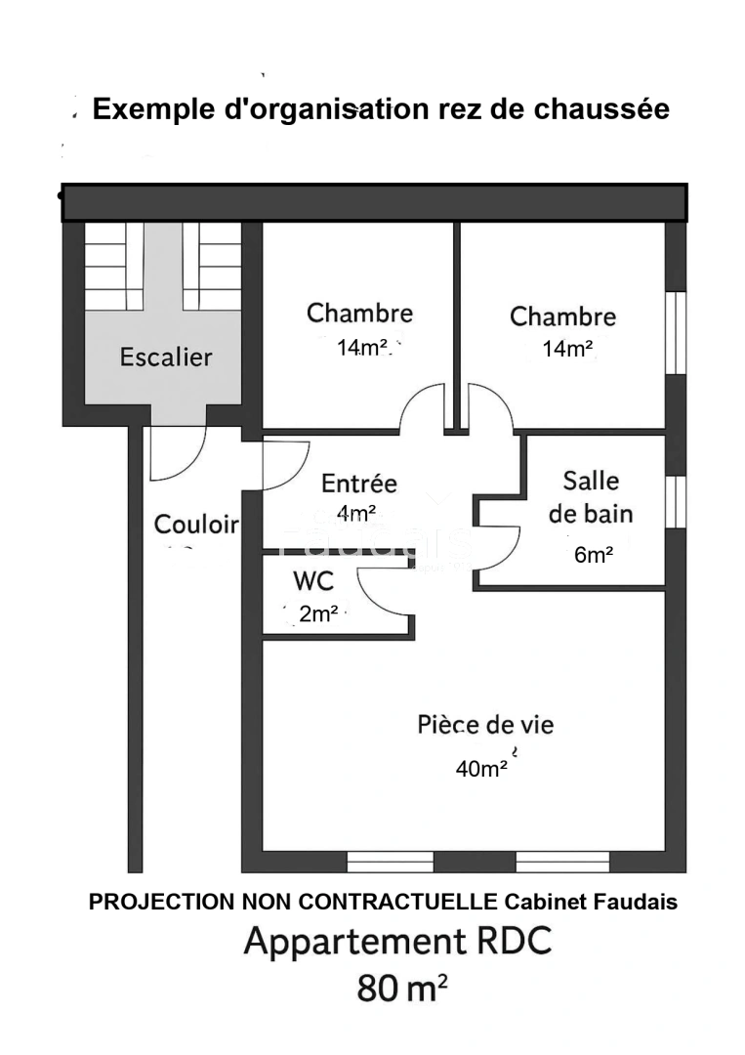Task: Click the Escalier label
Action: pyautogui.click(x=165, y=358)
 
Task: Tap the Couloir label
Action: pyautogui.click(x=196, y=525)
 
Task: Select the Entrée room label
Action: pyautogui.click(x=359, y=484)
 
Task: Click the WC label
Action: pyautogui.click(x=313, y=582)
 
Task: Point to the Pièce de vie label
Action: pyautogui.click(x=485, y=725)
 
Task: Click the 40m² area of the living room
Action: pyautogui.click(x=481, y=769)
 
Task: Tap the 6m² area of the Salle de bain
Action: pyautogui.click(x=594, y=556)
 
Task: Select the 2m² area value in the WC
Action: pyautogui.click(x=318, y=614)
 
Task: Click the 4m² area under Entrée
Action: pyautogui.click(x=356, y=512)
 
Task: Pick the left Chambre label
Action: pyautogui.click(x=359, y=314)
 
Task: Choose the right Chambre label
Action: pyautogui.click(x=562, y=316)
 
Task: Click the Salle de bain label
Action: pyautogui.click(x=591, y=497)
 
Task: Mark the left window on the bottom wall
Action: pyautogui.click(x=391, y=862)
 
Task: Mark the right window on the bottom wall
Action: pyautogui.click(x=562, y=862)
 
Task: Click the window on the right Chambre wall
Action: pyautogui.click(x=676, y=333)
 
